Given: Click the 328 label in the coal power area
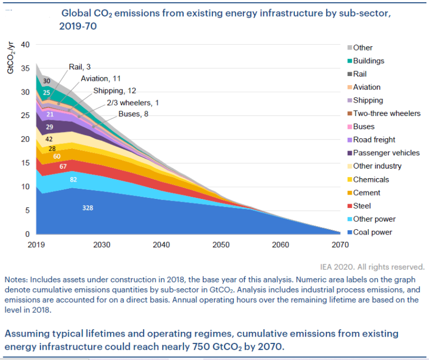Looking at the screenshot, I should point(88,208).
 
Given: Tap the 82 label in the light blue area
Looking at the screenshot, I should point(73,180).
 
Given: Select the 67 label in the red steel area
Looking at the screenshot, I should point(62,167).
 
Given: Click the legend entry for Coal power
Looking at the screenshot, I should point(373,232).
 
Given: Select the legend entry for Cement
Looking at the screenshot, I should point(368,192).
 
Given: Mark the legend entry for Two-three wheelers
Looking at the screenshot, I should point(386,113).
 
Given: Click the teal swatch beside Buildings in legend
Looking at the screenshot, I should point(349,61).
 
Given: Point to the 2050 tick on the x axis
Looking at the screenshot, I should point(220,245).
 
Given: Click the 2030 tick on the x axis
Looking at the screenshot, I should point(102,245).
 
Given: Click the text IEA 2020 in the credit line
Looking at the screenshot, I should point(353,267).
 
